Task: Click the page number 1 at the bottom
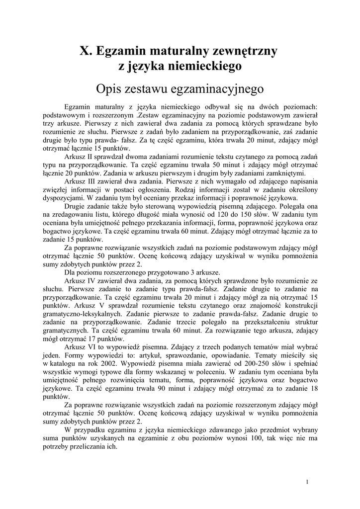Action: (308, 482)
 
